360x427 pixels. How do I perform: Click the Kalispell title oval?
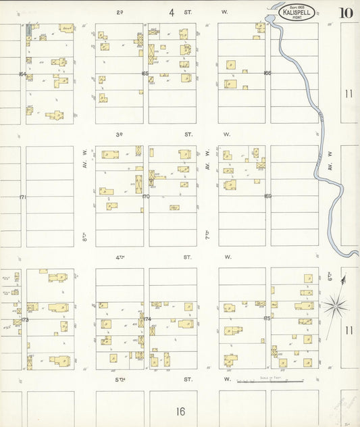[297, 13]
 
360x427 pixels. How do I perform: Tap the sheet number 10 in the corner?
[346, 12]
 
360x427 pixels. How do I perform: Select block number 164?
[22, 74]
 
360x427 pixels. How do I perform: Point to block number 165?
[145, 74]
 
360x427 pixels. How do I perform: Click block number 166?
[267, 74]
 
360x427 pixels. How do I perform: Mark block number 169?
[267, 197]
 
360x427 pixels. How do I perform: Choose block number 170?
[145, 197]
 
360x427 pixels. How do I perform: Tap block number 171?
[22, 197]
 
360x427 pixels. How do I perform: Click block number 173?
[24, 320]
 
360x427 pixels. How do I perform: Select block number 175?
[267, 318]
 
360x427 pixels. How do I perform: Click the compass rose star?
[334, 307]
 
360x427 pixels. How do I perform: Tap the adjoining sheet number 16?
[180, 411]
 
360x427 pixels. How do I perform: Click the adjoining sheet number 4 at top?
[172, 12]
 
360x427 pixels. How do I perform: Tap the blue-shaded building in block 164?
[28, 30]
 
